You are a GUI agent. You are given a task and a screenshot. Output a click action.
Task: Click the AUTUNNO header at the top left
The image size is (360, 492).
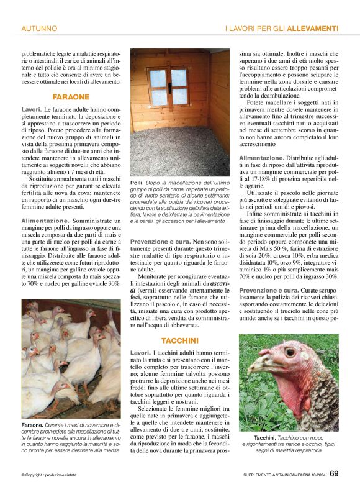pyautogui.click(x=39, y=29)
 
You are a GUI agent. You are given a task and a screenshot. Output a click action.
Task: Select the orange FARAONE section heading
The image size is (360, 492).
pyautogui.click(x=71, y=97)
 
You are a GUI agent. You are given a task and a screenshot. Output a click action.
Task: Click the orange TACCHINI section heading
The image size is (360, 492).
pyautogui.click(x=179, y=340)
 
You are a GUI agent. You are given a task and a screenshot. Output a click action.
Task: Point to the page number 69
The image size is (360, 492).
pyautogui.click(x=334, y=474)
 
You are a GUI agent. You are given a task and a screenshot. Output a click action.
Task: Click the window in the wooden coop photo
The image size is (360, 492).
pyautogui.click(x=168, y=86)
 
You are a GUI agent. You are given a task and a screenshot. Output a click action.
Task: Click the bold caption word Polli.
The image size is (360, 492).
pyautogui.click(x=137, y=183)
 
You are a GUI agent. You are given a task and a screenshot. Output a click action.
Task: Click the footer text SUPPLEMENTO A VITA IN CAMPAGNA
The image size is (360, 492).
pyautogui.click(x=273, y=475)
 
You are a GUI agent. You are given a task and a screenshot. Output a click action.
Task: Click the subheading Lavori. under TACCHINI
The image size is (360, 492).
pyautogui.click(x=140, y=353)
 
